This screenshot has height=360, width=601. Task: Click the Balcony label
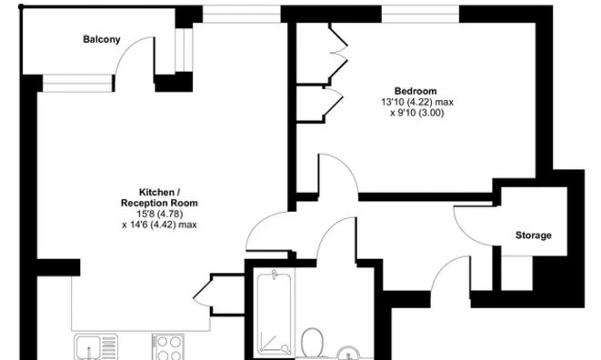pyautogui.click(x=101, y=39)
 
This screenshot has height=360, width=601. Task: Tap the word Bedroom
pyautogui.click(x=416, y=91)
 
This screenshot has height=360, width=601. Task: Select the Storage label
pyautogui.click(x=533, y=235)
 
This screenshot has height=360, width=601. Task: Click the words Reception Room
pyautogui.click(x=159, y=203)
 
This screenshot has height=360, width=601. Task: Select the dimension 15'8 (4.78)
pyautogui.click(x=159, y=214)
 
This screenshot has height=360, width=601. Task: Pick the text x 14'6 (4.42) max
pyautogui.click(x=159, y=225)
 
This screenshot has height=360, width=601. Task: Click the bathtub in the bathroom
pyautogui.click(x=272, y=314)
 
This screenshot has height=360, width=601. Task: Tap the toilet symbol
pyautogui.click(x=314, y=345)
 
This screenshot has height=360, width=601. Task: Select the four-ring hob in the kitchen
pyautogui.click(x=167, y=347)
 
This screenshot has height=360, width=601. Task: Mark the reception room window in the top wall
pyautogui.click(x=240, y=13)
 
